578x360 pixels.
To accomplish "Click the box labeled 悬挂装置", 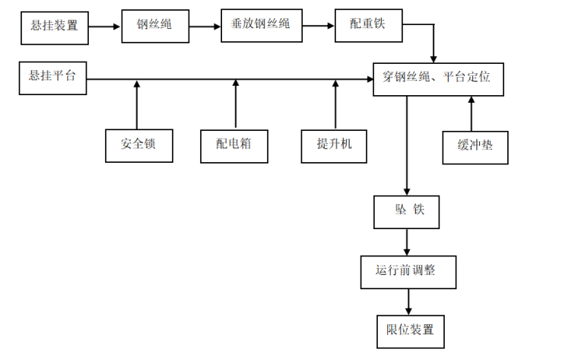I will tap(55, 26).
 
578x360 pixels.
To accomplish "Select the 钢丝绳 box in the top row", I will tap(155, 26).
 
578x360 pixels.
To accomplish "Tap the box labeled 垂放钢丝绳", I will tap(262, 25).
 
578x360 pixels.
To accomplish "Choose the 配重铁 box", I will tap(369, 26).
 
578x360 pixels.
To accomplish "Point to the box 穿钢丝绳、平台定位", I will tap(438, 78).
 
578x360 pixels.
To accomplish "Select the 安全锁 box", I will tap(138, 145).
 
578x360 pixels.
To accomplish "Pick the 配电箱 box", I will tap(235, 145).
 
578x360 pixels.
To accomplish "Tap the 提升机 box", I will tap(335, 145).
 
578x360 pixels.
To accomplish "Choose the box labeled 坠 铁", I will tap(407, 212).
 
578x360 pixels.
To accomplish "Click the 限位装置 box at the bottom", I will tap(410, 330).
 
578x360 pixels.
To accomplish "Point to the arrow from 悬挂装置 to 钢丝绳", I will tap(105, 27).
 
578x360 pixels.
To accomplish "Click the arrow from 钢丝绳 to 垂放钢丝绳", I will tap(205, 27).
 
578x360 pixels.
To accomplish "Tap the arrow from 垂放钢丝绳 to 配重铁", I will tap(319, 27).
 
